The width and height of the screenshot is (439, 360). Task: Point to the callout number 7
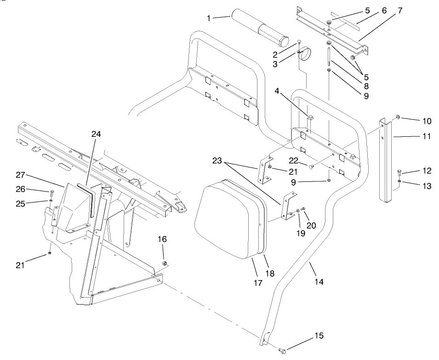(x=399, y=10)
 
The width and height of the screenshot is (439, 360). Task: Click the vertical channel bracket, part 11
(x=387, y=161)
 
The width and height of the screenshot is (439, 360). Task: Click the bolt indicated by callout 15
(x=282, y=351)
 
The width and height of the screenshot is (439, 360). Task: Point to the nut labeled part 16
(x=165, y=263)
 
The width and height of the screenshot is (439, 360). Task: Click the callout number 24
(x=96, y=134)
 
